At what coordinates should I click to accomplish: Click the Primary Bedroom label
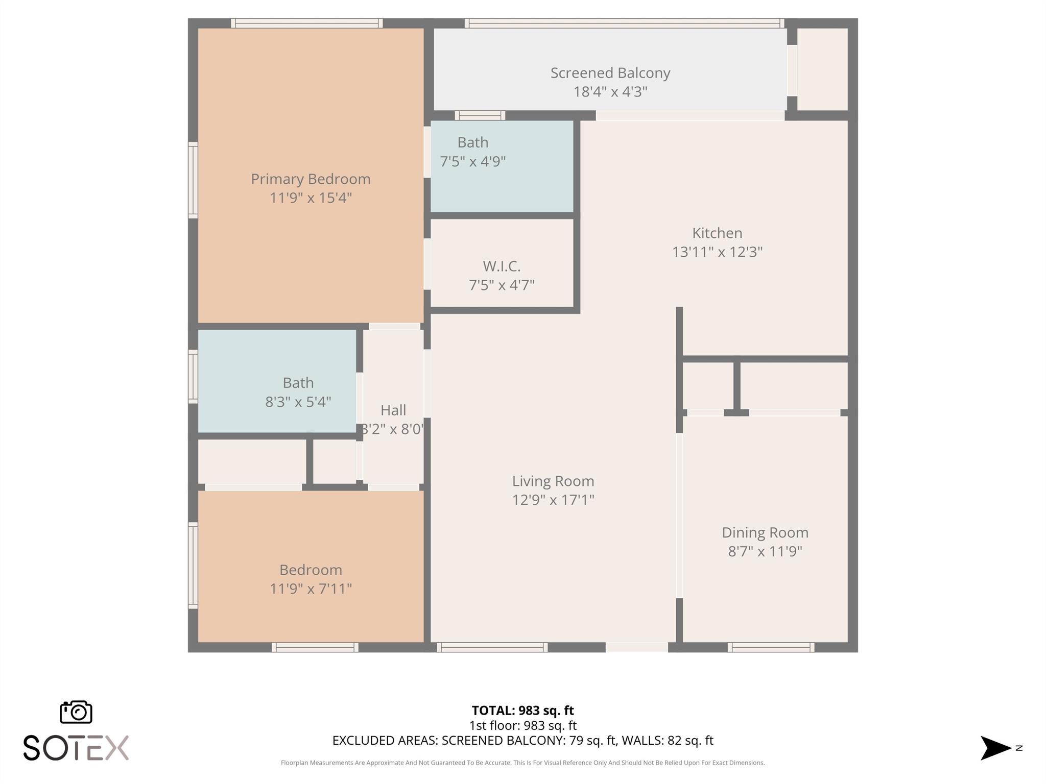(311, 179)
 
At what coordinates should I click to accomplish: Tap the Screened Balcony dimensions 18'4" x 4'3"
(610, 92)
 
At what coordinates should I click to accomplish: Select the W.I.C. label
(502, 266)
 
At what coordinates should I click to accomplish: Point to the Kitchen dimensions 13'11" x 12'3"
(717, 252)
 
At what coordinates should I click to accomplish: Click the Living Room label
(553, 481)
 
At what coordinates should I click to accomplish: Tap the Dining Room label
(765, 532)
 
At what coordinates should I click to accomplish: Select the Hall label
(393, 410)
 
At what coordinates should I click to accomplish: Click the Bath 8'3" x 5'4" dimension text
(298, 402)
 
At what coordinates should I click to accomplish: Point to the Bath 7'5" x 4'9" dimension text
(473, 162)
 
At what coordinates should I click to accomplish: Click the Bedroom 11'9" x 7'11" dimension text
(311, 589)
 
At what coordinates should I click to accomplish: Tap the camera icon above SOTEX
(76, 712)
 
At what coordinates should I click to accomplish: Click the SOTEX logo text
(76, 748)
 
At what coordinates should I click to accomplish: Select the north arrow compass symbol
(996, 748)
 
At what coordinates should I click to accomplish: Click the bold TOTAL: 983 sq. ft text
(522, 710)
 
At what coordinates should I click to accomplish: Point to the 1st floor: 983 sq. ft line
(522, 725)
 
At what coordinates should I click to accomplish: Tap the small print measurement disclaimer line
(522, 763)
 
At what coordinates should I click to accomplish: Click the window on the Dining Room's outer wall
(771, 648)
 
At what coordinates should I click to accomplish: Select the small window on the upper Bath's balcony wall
(480, 115)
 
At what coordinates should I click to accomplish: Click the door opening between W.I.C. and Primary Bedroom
(427, 264)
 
